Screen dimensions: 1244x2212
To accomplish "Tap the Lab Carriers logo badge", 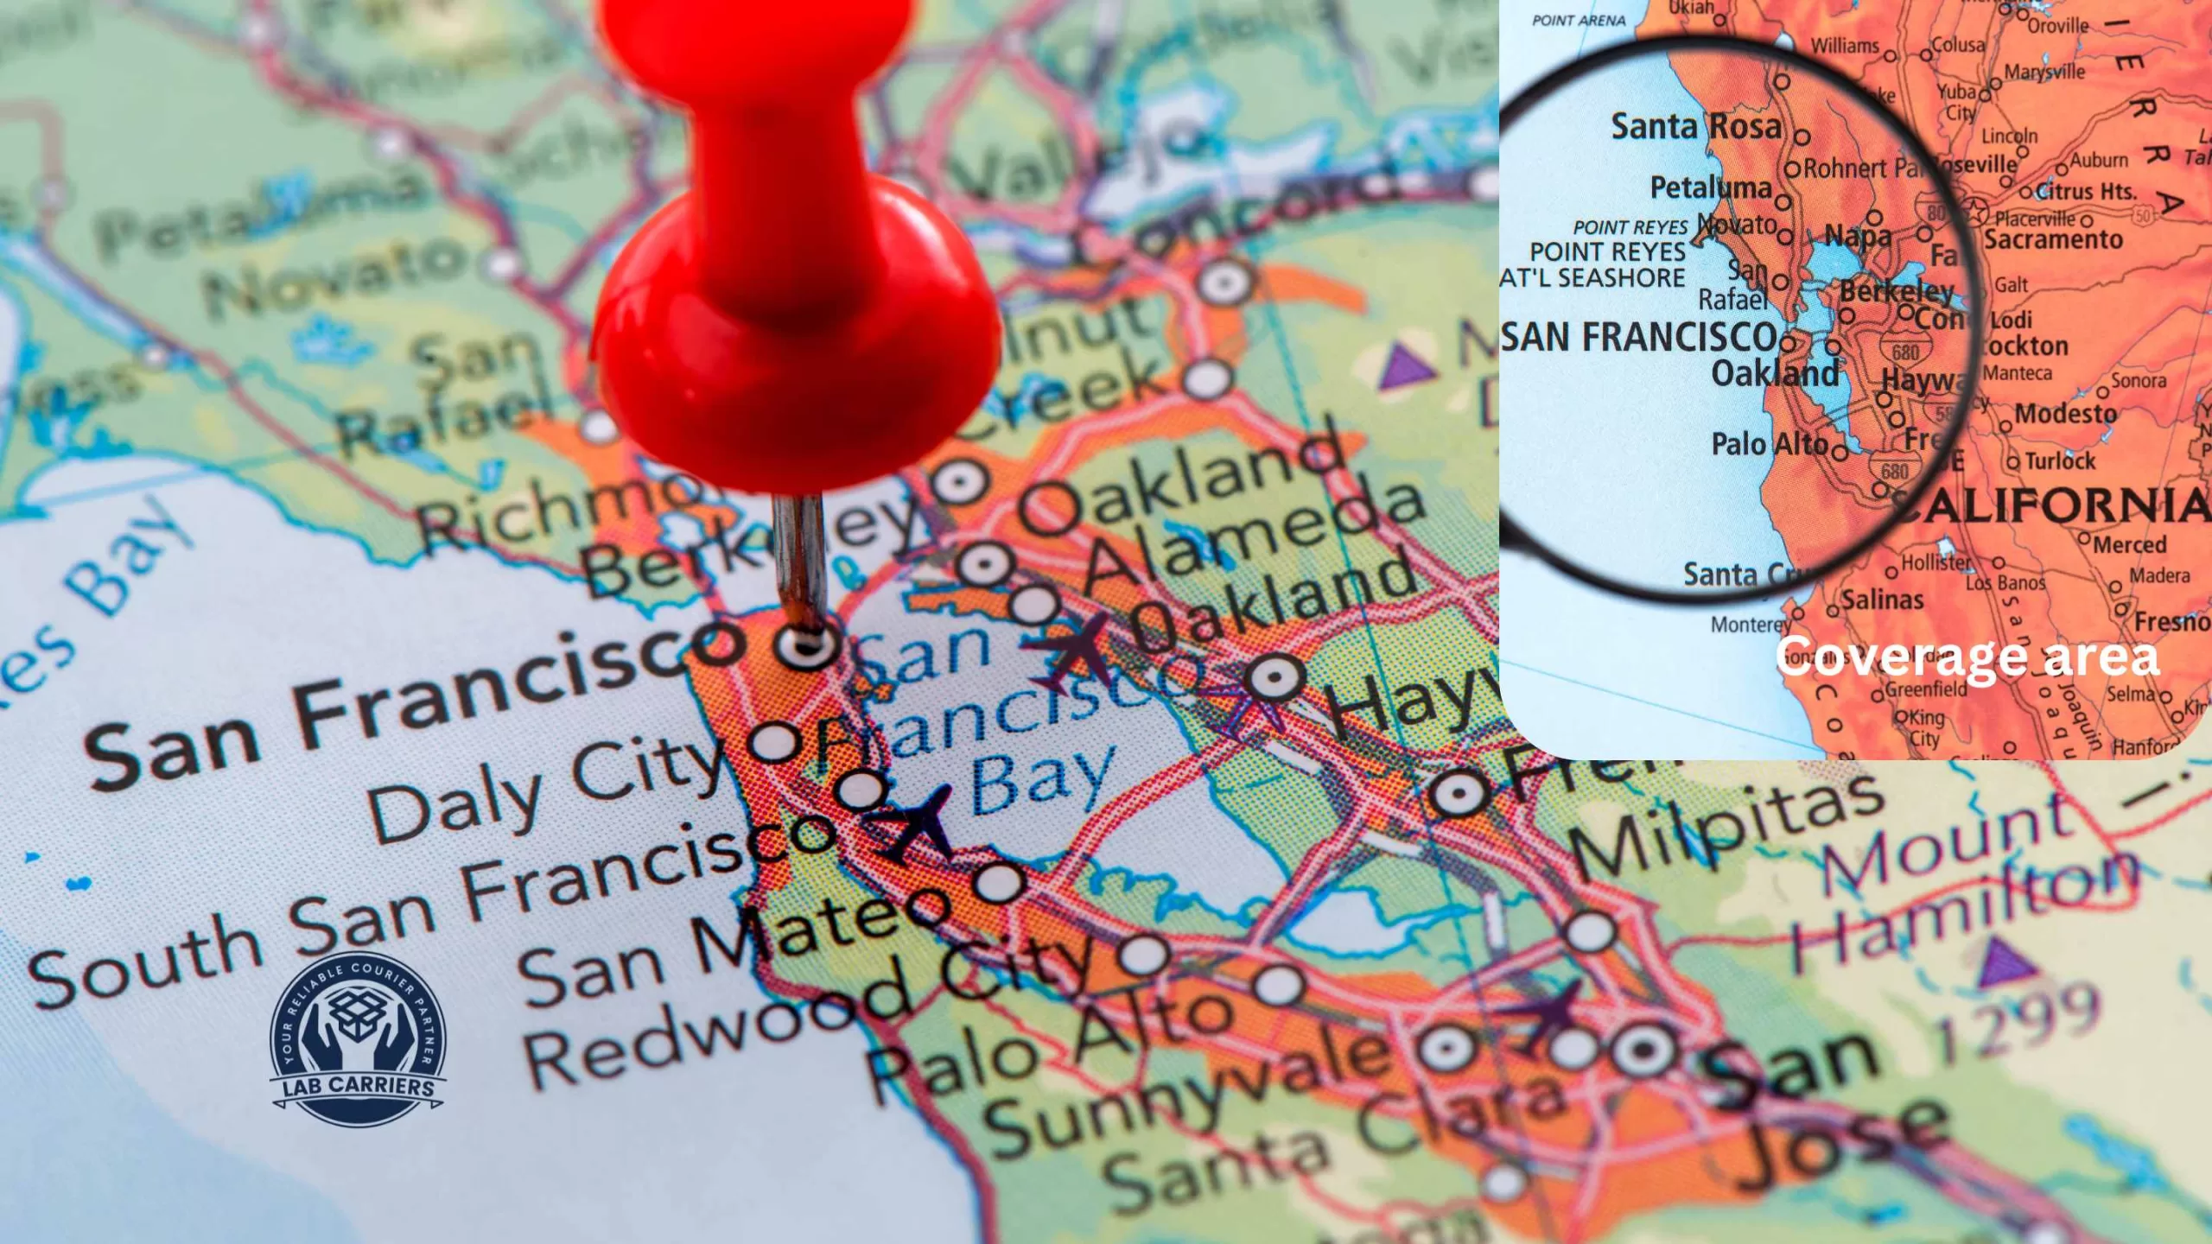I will coord(359,1040).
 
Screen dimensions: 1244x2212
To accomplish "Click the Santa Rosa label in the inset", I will coord(1695,128).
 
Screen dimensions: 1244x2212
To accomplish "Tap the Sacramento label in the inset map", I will coord(2053,239).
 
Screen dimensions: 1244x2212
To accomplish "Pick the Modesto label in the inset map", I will coord(2065,414).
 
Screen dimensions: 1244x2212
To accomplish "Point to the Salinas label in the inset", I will coord(1882,600).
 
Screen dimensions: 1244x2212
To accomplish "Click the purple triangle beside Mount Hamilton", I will coord(2005,963).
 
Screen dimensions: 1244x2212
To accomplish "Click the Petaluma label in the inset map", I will coord(1710,187).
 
